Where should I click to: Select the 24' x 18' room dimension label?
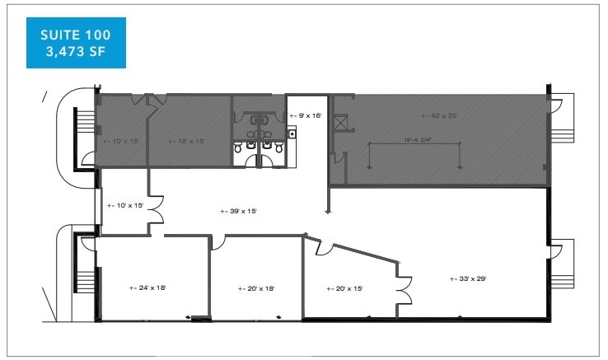tap(148, 288)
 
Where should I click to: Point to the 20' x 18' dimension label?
tap(255, 288)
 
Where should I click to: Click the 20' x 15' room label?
tap(344, 288)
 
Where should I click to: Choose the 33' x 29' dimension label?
tap(468, 278)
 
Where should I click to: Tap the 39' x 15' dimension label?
tap(239, 212)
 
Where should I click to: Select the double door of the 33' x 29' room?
tap(405, 288)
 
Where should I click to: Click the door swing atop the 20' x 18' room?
tap(218, 242)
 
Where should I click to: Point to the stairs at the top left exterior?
tap(83, 131)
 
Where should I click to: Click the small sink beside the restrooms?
tap(291, 132)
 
